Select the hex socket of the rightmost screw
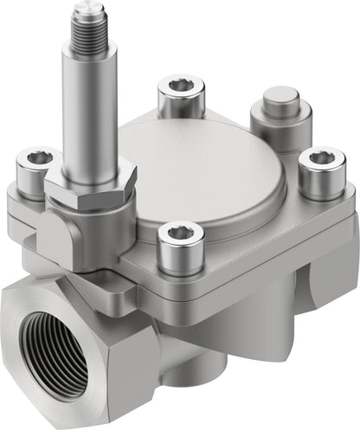321,157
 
